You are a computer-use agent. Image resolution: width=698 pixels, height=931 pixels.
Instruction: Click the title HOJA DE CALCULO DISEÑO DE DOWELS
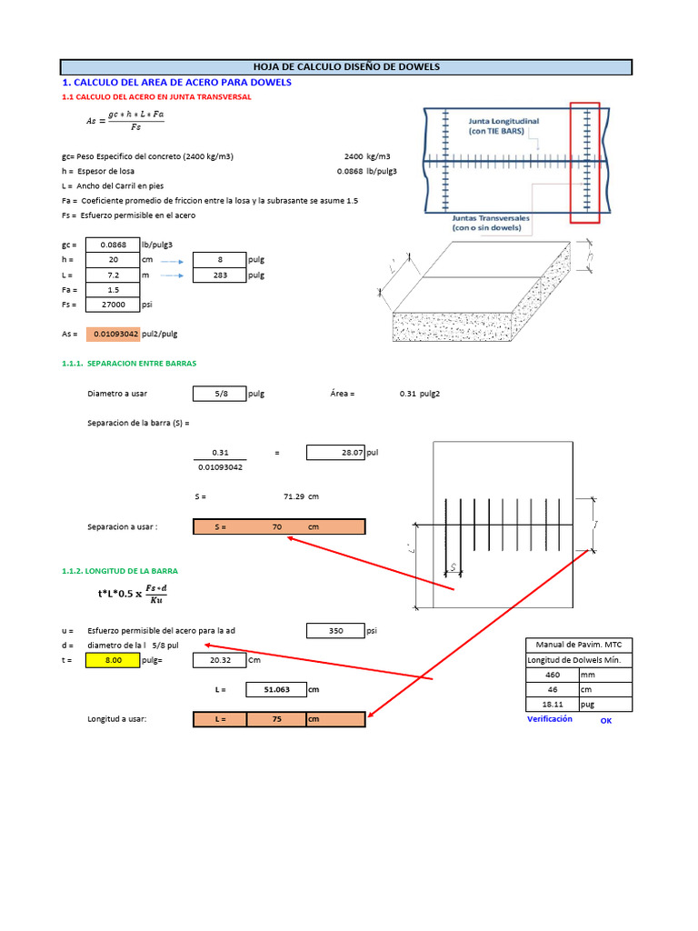coord(345,67)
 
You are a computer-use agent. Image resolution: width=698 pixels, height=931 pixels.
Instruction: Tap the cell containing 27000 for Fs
coord(111,305)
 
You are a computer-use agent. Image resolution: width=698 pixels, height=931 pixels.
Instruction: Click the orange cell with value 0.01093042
coord(113,335)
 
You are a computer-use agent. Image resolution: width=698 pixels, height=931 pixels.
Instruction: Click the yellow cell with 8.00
coord(113,661)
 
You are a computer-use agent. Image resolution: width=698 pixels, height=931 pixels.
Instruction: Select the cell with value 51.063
coord(276,690)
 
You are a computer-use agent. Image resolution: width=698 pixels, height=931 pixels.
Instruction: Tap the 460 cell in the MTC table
coord(552,676)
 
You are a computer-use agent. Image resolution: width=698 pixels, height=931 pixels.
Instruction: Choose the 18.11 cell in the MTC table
coord(552,705)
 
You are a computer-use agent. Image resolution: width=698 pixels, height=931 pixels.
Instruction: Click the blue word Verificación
coord(550,719)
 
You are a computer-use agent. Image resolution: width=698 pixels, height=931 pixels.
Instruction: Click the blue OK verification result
coord(606,721)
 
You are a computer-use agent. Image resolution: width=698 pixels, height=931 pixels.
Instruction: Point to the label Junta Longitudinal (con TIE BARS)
coord(503,125)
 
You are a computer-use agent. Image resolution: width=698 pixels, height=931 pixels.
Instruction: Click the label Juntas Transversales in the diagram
coord(492,224)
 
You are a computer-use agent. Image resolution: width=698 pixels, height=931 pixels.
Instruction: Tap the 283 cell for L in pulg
coord(219,275)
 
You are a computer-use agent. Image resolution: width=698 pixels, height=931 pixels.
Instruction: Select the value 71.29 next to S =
coord(294,496)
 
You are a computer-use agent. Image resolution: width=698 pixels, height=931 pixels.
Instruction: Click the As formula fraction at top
coord(126,120)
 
